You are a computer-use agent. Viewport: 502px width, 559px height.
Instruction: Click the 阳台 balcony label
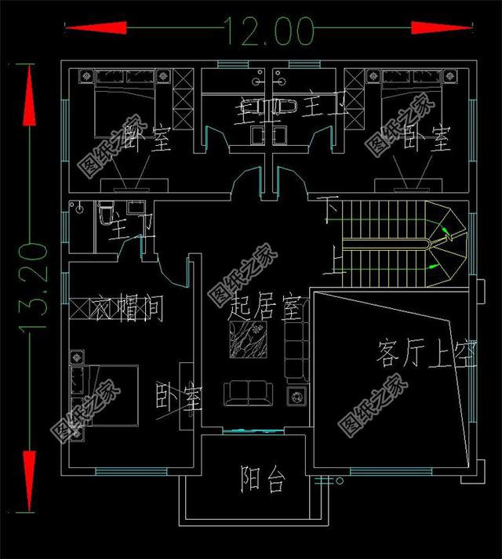click(262, 480)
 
